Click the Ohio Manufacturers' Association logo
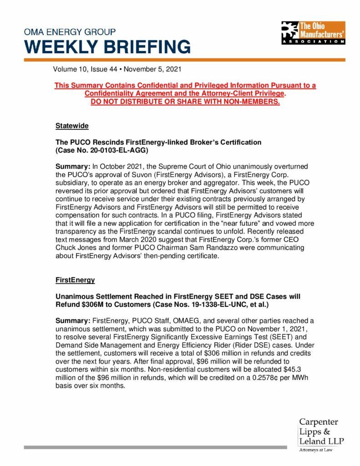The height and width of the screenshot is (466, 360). point(313,33)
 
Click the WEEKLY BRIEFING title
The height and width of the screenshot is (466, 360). point(107,47)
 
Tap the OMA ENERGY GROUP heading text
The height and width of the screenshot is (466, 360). point(70,32)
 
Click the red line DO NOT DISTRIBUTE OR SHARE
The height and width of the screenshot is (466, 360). point(185,101)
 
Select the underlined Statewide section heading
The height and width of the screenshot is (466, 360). point(72,125)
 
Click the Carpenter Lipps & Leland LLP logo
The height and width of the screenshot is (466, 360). point(321,432)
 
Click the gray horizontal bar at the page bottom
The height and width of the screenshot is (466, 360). point(155,447)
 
